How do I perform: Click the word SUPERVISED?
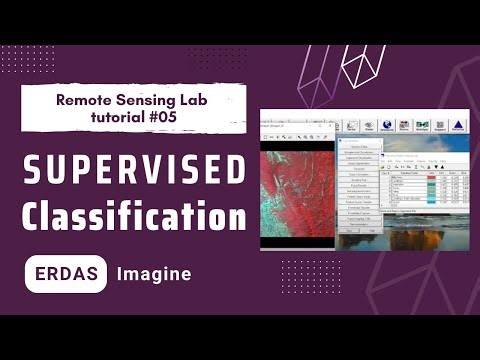tap(134, 172)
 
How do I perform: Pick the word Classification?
tap(134, 216)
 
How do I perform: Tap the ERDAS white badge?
tap(66, 272)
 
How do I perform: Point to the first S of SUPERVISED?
tap(34, 172)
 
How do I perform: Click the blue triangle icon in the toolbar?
tap(457, 125)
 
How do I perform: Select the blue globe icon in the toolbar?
tap(368, 125)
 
